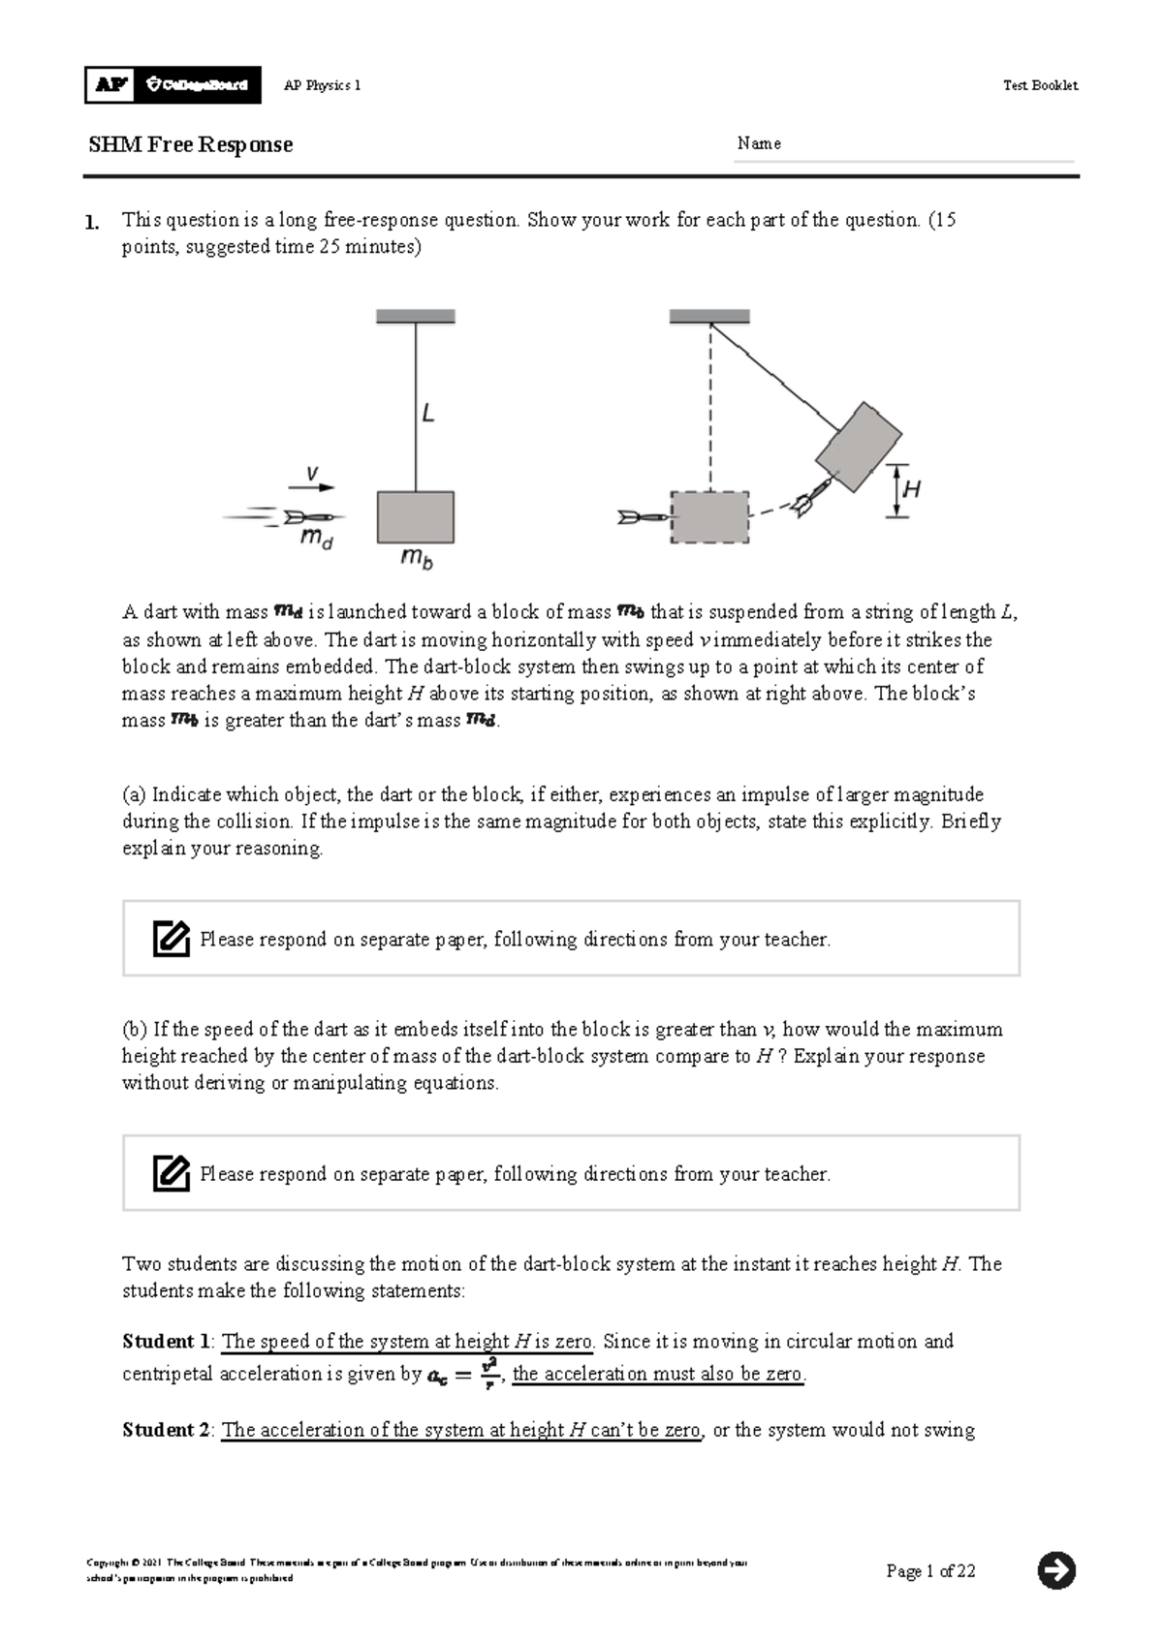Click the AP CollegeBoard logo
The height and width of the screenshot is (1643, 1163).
(173, 85)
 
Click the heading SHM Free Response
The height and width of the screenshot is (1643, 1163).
(190, 145)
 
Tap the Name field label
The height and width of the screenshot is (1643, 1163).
(758, 143)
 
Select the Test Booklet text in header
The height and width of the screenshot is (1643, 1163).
(1040, 85)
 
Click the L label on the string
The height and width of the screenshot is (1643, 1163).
(427, 414)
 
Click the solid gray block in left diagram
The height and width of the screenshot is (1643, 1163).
(416, 516)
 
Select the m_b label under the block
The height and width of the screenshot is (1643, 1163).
(417, 559)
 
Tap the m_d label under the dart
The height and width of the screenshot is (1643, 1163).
(316, 540)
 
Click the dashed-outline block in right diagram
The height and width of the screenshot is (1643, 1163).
(709, 517)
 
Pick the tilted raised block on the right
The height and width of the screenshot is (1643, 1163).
(859, 447)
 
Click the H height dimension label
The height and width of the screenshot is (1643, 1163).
(911, 490)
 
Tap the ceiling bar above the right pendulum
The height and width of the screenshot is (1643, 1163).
(709, 317)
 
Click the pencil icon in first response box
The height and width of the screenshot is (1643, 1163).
(172, 939)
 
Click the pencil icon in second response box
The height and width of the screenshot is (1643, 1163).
(172, 1173)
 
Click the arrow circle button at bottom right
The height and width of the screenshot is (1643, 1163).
(1056, 1570)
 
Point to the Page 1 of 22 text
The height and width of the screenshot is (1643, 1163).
(930, 1571)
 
